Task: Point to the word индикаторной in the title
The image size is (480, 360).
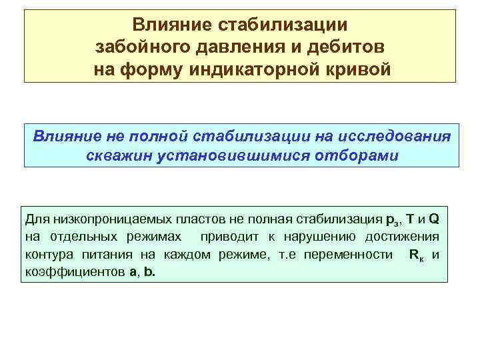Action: (x=263, y=69)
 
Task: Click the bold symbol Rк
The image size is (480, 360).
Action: (x=414, y=255)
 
